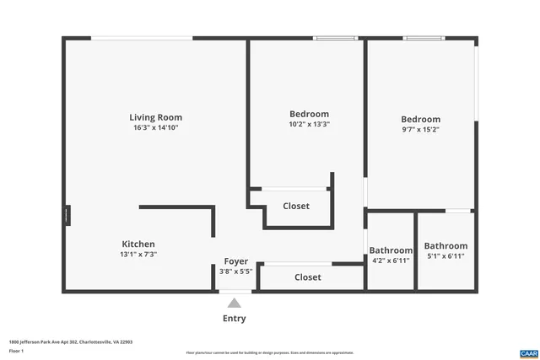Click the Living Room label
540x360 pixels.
point(155,117)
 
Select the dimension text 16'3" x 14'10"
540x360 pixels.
point(155,128)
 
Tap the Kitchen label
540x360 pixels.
point(138,244)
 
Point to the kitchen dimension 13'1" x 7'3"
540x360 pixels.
point(138,254)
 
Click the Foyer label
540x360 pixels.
point(235,261)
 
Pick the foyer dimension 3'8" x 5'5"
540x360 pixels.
point(235,271)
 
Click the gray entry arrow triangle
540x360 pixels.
point(235,304)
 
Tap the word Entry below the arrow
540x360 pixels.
point(234,319)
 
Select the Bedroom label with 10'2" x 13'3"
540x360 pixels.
point(309,114)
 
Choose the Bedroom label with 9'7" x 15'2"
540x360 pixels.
point(420,120)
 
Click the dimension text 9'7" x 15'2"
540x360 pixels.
point(420,130)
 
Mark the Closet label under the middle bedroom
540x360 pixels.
point(295,206)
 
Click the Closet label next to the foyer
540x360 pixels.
point(307,277)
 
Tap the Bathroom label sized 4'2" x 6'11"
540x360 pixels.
point(391,250)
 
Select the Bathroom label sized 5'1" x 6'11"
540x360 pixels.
point(445,245)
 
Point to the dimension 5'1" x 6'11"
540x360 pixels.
point(445,255)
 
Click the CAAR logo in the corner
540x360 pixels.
point(528,352)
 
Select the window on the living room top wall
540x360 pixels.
point(142,38)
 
